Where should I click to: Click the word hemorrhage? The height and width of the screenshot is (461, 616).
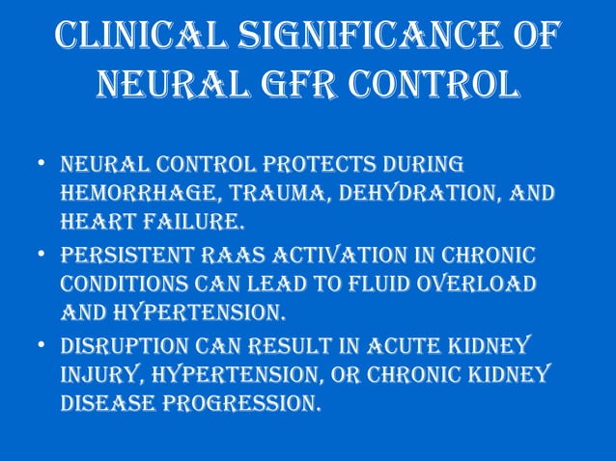126,194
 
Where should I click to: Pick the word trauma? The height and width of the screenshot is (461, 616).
252,194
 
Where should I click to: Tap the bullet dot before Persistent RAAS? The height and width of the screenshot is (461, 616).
38,257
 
